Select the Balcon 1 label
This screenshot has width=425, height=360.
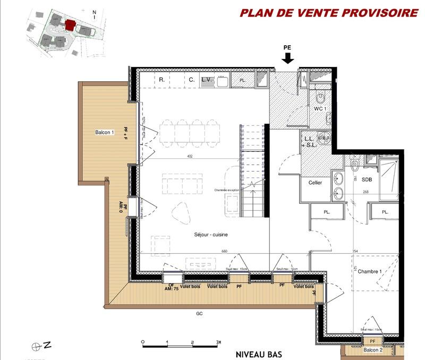[x=105, y=132]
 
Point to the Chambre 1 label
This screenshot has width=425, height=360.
[x=370, y=271]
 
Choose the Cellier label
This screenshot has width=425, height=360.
[x=316, y=183]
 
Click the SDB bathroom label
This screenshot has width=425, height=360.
[x=367, y=180]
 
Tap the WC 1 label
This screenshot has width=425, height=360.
[x=319, y=109]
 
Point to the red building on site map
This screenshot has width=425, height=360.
[x=69, y=25]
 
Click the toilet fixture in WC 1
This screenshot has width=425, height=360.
[x=320, y=98]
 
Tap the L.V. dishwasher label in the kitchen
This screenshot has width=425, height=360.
[x=207, y=80]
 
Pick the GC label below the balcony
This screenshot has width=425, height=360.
[x=199, y=313]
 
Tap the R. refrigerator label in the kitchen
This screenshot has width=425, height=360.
[x=160, y=80]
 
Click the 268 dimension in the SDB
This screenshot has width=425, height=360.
[x=365, y=192]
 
